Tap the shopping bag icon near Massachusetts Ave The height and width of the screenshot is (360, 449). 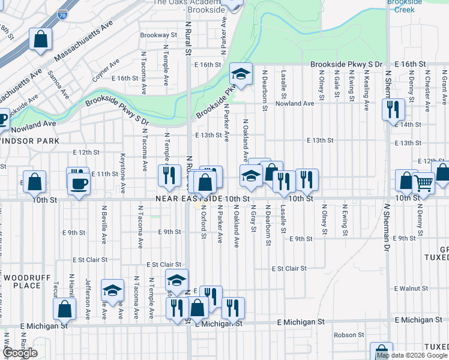[41, 40]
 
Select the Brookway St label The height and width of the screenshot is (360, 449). [158, 35]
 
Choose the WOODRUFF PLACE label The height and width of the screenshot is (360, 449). [22, 282]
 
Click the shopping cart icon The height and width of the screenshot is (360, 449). [424, 182]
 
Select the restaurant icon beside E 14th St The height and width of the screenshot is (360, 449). [393, 109]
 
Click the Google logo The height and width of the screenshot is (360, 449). [20, 353]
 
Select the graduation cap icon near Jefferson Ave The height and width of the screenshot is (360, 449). [112, 290]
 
